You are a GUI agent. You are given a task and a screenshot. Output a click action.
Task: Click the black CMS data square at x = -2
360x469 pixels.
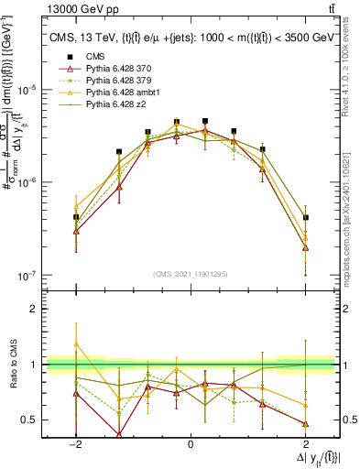(76, 218)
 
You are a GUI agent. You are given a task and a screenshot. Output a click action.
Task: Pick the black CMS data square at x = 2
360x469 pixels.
(305, 218)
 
